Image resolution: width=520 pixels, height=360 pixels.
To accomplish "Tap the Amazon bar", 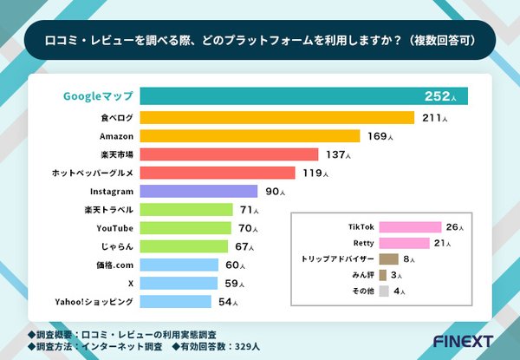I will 250,136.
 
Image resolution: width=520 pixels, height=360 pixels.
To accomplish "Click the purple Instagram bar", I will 198,191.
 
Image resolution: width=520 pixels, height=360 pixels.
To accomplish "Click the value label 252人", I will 443,95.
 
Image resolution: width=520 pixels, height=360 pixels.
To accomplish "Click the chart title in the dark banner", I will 259,38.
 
